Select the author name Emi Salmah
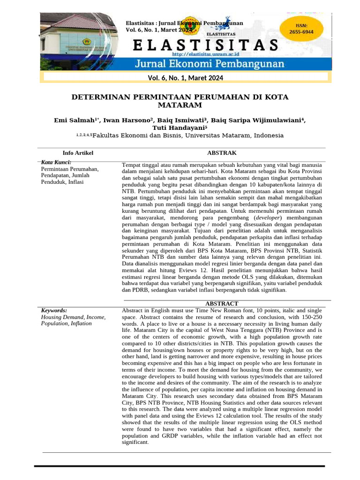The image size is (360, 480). pos(75,120)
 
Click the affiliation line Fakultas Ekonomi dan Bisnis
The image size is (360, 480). pos(187,135)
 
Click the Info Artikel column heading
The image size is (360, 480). pos(78,153)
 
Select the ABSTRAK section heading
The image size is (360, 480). pos(222,153)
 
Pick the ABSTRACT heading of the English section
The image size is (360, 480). pos(222,304)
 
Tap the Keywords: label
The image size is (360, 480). pos(54,310)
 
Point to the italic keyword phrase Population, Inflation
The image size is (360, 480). pos(67,323)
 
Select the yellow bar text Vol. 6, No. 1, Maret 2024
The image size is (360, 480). pos(186,78)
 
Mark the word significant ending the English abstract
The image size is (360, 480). pos(135,442)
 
